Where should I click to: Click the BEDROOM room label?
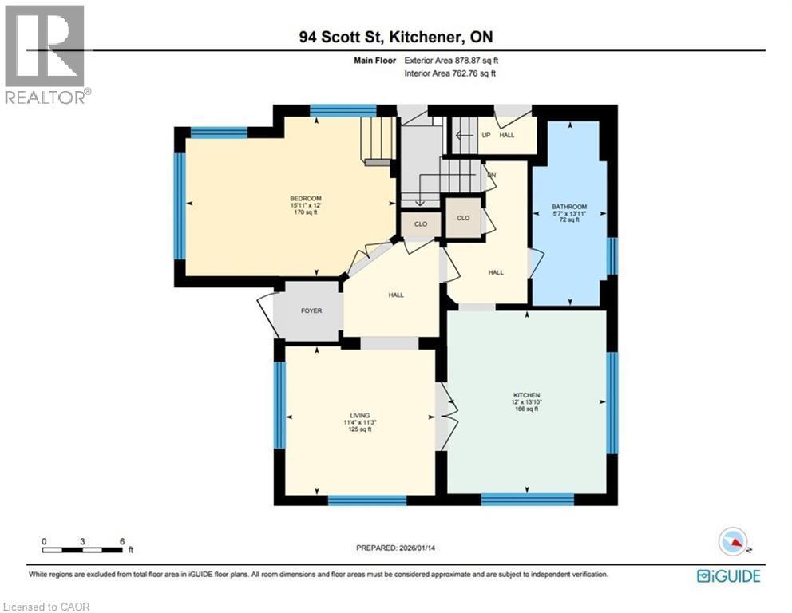[305, 199]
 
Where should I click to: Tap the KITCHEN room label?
[527, 395]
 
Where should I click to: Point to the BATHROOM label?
[568, 207]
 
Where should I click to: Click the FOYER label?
[311, 310]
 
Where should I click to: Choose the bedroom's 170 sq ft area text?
[305, 213]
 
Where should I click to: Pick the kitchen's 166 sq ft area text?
[527, 409]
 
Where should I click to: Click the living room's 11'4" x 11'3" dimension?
[358, 422]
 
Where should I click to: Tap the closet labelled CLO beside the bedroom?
[421, 224]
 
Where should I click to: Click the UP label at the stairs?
[485, 135]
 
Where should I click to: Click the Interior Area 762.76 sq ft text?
[450, 73]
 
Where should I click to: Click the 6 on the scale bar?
[121, 540]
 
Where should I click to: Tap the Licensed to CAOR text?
[46, 607]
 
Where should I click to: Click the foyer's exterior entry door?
[265, 316]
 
